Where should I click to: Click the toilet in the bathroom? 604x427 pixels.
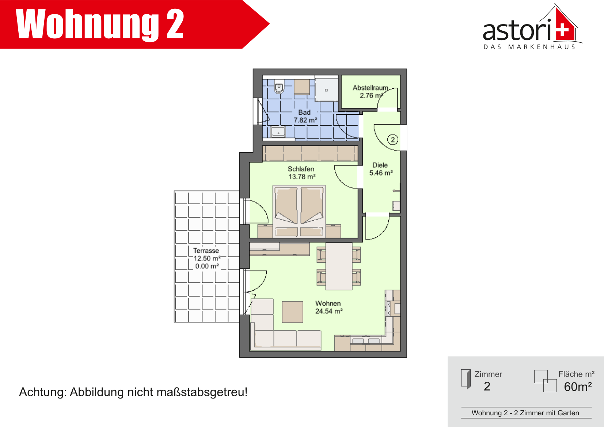point(279,87)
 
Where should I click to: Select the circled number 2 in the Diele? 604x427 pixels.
point(392,140)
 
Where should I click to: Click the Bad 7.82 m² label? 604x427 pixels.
point(305,116)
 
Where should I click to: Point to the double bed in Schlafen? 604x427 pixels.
point(299,211)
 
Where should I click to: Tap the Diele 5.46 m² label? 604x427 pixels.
point(381,169)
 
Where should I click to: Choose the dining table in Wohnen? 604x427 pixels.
point(339,266)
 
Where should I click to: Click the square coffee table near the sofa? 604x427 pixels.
point(293,312)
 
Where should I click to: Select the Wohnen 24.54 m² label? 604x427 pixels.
point(329,307)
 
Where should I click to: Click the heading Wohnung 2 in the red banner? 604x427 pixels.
point(100,24)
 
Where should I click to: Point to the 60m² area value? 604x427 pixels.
point(578,386)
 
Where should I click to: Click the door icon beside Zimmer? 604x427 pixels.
point(466,379)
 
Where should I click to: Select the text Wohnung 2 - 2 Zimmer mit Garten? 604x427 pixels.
point(525,413)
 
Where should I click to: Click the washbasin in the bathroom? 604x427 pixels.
point(278,132)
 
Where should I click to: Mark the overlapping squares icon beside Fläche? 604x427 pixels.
point(546,381)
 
